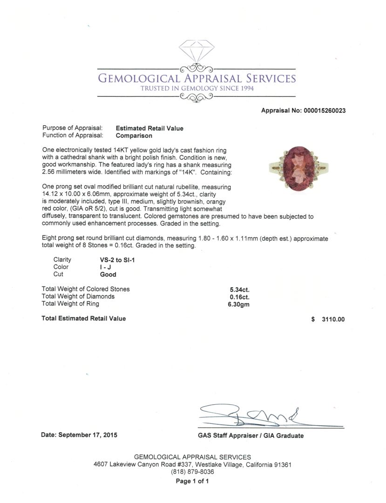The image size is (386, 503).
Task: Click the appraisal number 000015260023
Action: click(324, 111)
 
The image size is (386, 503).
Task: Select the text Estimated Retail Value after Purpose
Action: click(149, 129)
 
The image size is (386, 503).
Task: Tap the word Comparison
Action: click(134, 136)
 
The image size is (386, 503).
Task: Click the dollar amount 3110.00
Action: click(333, 319)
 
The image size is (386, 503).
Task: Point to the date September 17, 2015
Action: click(79, 435)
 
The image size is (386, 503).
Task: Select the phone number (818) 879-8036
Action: click(192, 472)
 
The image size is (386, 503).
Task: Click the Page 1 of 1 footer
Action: click(192, 482)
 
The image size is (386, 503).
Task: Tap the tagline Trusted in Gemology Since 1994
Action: click(197, 88)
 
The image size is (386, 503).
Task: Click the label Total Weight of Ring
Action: click(70, 304)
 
